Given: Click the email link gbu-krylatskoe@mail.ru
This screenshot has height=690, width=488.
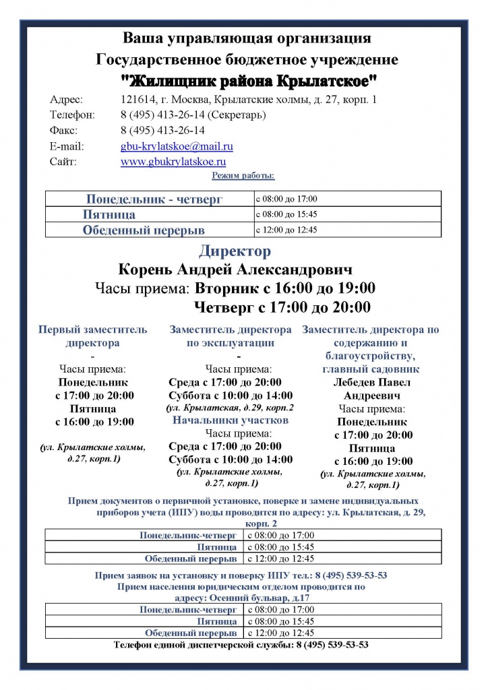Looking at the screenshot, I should [x=177, y=146].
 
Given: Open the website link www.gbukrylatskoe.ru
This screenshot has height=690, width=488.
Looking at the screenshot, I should [x=173, y=162].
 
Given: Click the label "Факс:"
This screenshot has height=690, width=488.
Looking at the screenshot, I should [x=63, y=131].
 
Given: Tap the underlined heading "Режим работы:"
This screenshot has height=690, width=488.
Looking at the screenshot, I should [x=243, y=176].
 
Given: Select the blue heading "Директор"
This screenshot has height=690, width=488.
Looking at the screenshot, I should [x=235, y=252].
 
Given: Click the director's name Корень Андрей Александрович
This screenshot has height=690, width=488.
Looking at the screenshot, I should [x=235, y=270].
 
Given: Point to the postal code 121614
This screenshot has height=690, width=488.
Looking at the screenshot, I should [x=138, y=100].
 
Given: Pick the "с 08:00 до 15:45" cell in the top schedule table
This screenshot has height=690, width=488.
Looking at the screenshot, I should [x=286, y=214].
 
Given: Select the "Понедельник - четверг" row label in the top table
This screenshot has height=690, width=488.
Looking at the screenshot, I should [x=154, y=199].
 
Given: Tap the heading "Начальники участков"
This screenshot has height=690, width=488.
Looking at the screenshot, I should [x=231, y=420].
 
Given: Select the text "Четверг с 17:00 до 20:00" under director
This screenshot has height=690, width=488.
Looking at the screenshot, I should [x=282, y=308].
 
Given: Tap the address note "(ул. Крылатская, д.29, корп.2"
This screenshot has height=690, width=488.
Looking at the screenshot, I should [x=230, y=408].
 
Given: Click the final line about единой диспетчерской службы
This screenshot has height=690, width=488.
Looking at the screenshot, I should [x=241, y=645].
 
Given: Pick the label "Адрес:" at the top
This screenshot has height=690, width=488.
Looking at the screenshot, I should [x=66, y=100].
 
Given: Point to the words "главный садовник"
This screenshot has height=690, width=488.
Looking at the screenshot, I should [x=371, y=369].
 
